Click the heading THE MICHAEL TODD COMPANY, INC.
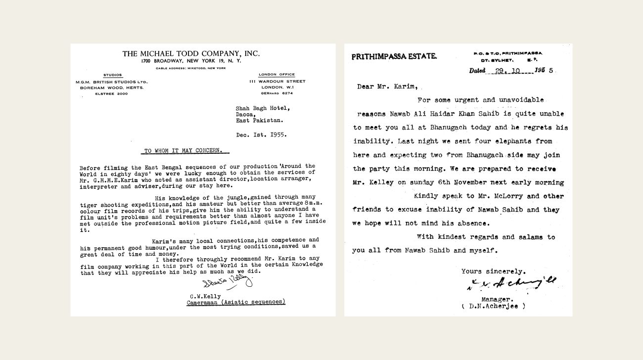click(191, 53)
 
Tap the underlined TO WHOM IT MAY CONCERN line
click(183, 151)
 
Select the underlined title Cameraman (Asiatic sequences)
click(236, 302)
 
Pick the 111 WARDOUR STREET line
click(277, 81)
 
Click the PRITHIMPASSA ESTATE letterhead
click(394, 56)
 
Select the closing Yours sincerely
click(494, 271)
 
